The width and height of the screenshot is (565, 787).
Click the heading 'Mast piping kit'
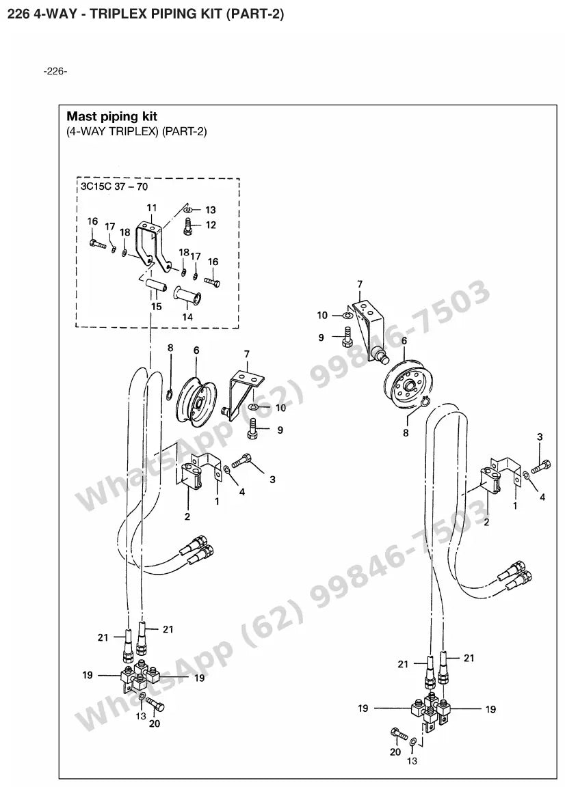pyautogui.click(x=111, y=116)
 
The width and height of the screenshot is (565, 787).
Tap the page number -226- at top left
pyautogui.click(x=55, y=71)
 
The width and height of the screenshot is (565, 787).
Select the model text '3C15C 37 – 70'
pyautogui.click(x=114, y=187)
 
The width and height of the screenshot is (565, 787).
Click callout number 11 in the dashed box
pyautogui.click(x=151, y=208)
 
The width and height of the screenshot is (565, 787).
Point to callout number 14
pyautogui.click(x=187, y=317)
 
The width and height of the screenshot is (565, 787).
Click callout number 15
pyautogui.click(x=157, y=307)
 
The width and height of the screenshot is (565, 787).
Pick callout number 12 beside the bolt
pyautogui.click(x=211, y=225)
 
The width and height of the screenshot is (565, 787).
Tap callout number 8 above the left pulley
pyautogui.click(x=170, y=348)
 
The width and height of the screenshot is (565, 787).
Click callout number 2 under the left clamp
pyautogui.click(x=187, y=516)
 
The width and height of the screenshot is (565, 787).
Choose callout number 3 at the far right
pyautogui.click(x=540, y=437)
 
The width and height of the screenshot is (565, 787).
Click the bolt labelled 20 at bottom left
pyautogui.click(x=157, y=705)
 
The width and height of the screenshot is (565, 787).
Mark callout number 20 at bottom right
pyautogui.click(x=395, y=751)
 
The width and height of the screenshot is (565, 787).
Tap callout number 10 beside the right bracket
pyautogui.click(x=322, y=315)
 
